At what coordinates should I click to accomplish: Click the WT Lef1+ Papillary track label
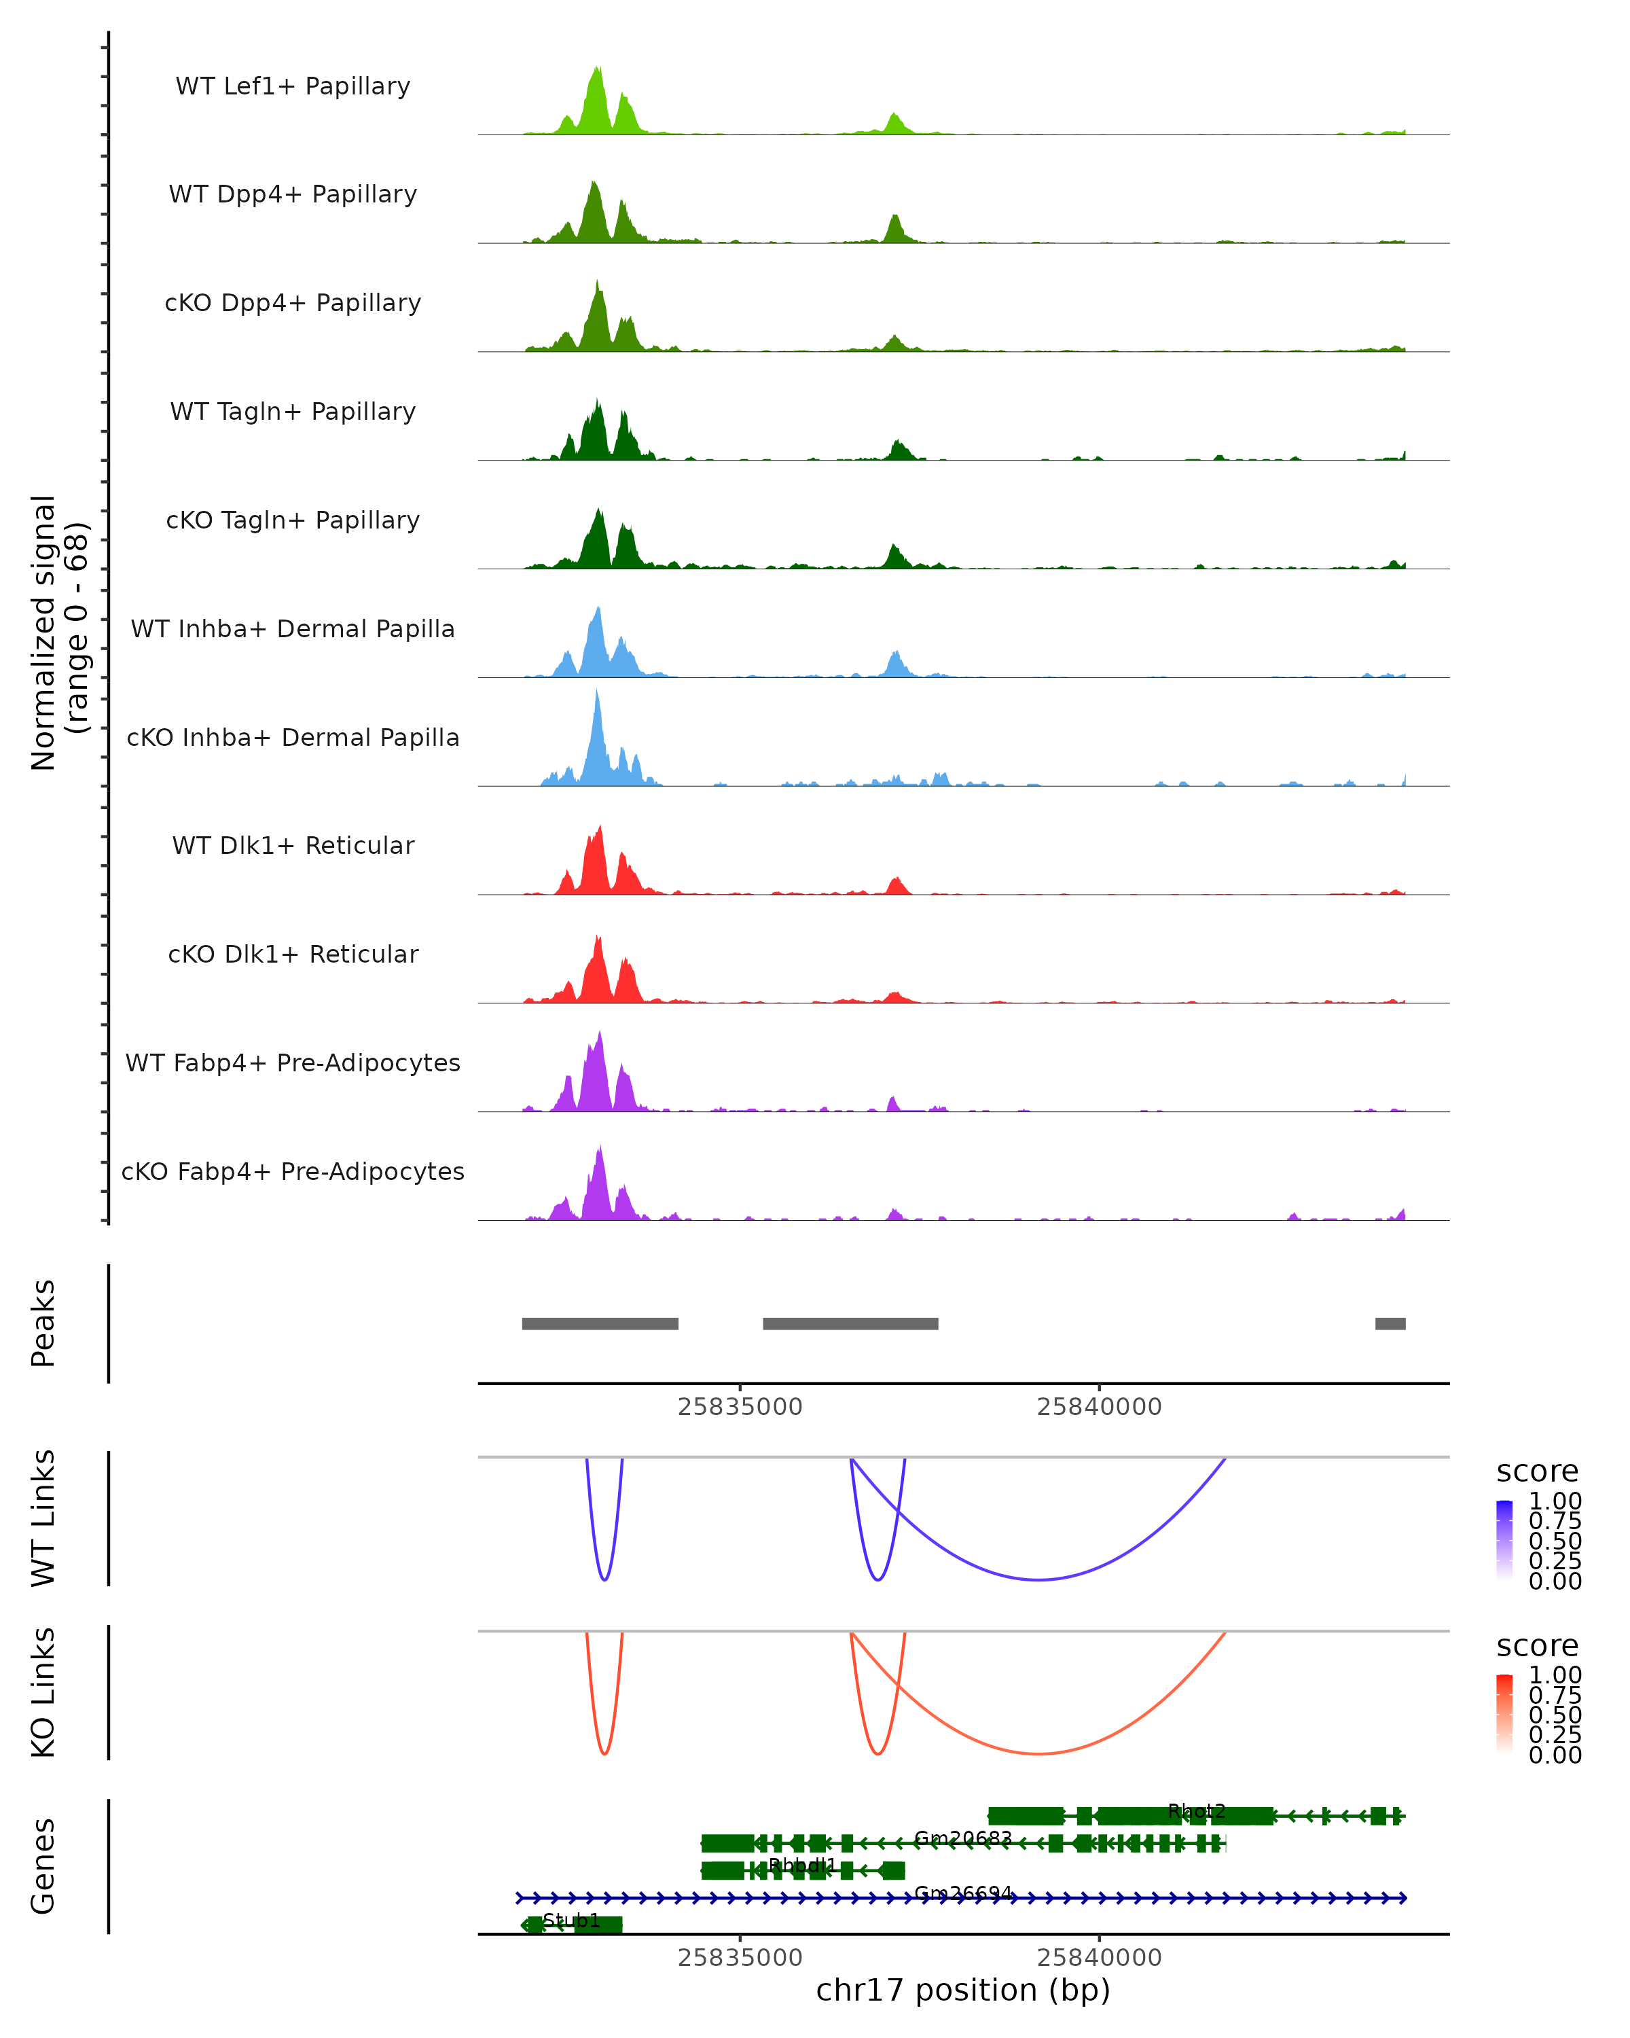coord(293,86)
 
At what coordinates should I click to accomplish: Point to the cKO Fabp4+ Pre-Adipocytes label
coord(293,1171)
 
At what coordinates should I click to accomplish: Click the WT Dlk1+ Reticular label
coord(293,845)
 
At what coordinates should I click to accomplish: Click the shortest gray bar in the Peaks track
coord(1390,1323)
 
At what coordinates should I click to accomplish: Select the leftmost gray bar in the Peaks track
coord(600,1323)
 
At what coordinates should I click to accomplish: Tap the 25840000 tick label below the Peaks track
coord(1099,1407)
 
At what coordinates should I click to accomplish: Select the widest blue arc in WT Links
coord(1038,1579)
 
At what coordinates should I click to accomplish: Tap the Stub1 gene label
coord(572,1920)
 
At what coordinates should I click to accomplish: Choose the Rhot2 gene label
coord(1196,1811)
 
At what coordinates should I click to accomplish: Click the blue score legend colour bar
coord(1504,1540)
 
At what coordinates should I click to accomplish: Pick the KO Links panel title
coord(43,1692)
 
